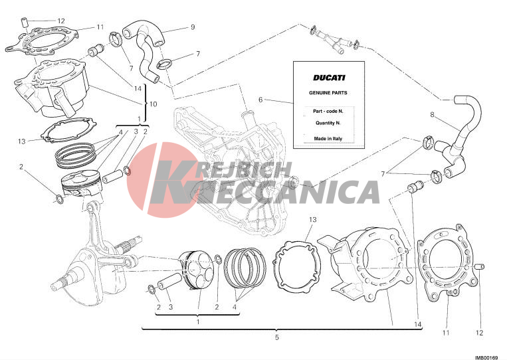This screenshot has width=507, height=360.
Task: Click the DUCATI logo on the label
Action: coord(329,78)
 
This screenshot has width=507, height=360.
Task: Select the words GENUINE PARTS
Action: coord(328,93)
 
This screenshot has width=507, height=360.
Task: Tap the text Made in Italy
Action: coord(328,139)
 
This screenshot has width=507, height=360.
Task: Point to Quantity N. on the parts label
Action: coord(328,123)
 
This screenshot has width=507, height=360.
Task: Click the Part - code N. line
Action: coord(328,111)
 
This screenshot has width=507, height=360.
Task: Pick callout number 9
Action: coord(193,27)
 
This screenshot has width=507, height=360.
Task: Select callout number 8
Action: coord(433,114)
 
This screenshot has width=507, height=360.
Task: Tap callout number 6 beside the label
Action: coord(260,100)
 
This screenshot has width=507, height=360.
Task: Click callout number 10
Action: coord(153,104)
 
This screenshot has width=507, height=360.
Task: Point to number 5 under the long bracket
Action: coord(277,337)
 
